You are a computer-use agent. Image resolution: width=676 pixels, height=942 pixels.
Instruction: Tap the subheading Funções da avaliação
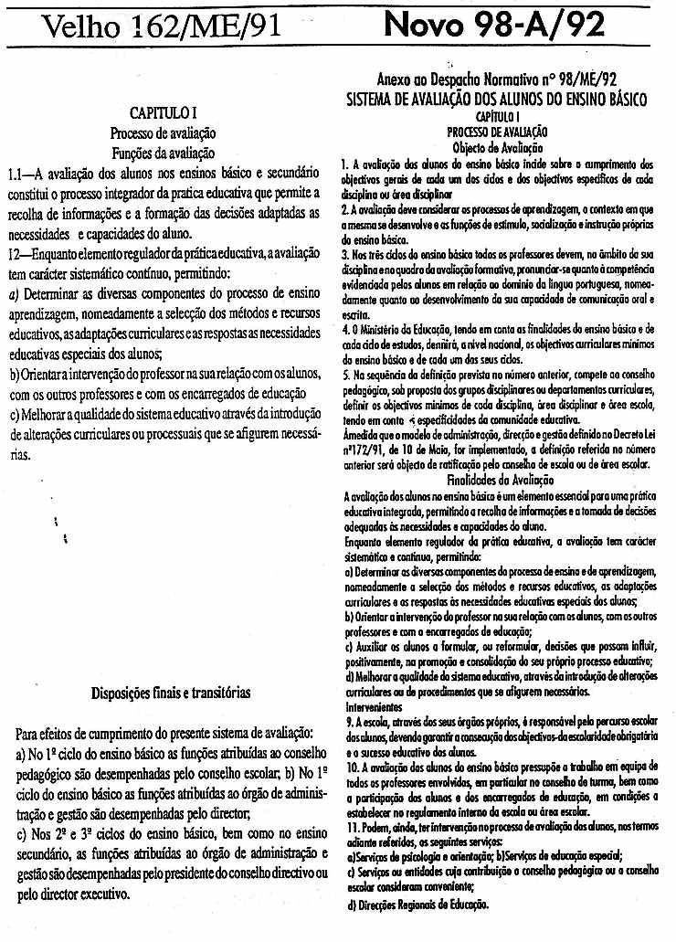[163, 152]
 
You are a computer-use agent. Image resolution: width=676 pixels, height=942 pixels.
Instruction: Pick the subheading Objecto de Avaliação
[497, 146]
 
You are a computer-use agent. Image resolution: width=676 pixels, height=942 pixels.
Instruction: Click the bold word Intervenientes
[375, 706]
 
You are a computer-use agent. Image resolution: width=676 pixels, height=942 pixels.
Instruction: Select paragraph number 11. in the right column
[352, 825]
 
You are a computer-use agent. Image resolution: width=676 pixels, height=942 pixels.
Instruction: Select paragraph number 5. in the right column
[349, 400]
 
